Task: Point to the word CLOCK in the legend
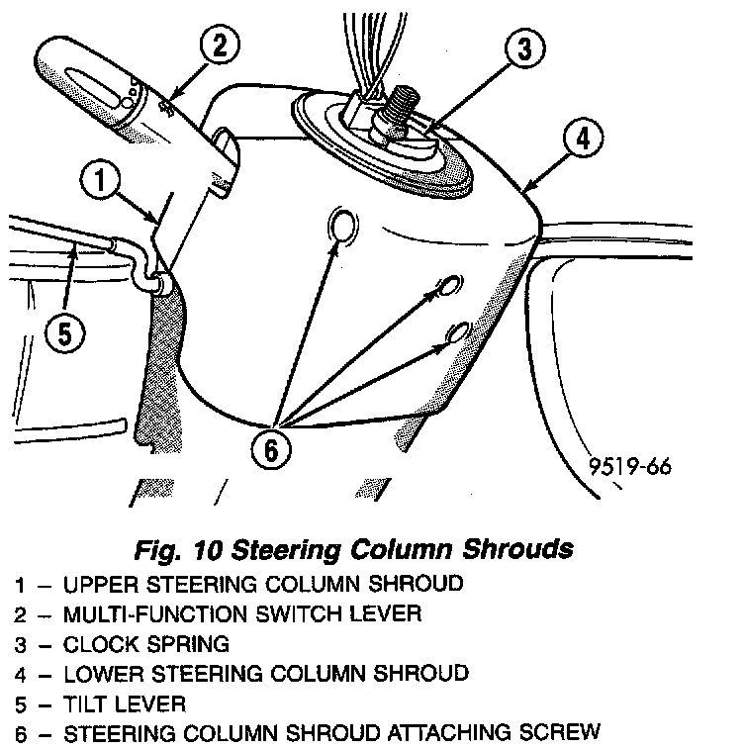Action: pos(96,644)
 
